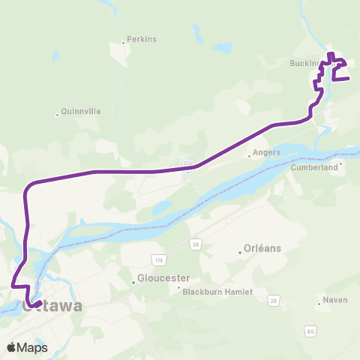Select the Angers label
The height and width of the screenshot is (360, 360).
point(266,152)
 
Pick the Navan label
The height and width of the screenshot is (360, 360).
point(334,300)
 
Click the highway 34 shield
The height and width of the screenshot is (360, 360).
point(196,244)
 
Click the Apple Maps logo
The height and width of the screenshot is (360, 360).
point(27,347)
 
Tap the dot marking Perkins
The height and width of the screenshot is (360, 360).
point(124,43)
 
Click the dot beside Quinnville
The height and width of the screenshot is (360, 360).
point(58,115)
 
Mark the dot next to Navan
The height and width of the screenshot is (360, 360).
point(319,304)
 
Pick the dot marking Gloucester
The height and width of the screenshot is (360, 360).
point(134,282)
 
